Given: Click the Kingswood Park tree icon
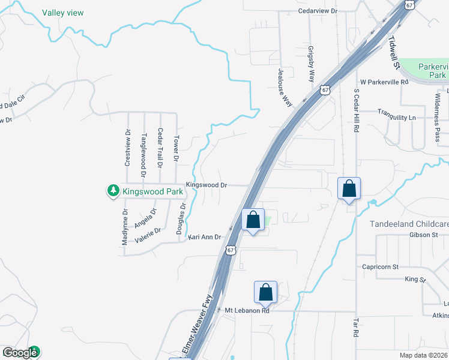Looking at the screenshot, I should click(x=113, y=191).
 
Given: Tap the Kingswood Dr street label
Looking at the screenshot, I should click(x=206, y=185).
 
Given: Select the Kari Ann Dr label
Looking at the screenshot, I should click(x=205, y=238).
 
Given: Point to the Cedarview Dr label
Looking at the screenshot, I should click(x=319, y=11).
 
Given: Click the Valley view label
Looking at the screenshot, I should click(x=63, y=13).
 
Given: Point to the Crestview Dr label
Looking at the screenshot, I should click(x=127, y=148).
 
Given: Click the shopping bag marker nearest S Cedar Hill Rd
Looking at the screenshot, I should click(x=349, y=190).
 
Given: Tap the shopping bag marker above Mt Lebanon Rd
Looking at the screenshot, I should click(x=265, y=293).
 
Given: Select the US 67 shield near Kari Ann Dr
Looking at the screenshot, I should click(x=231, y=250).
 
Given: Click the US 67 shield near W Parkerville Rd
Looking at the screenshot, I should click(x=325, y=90).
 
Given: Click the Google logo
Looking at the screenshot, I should click(x=20, y=353).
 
